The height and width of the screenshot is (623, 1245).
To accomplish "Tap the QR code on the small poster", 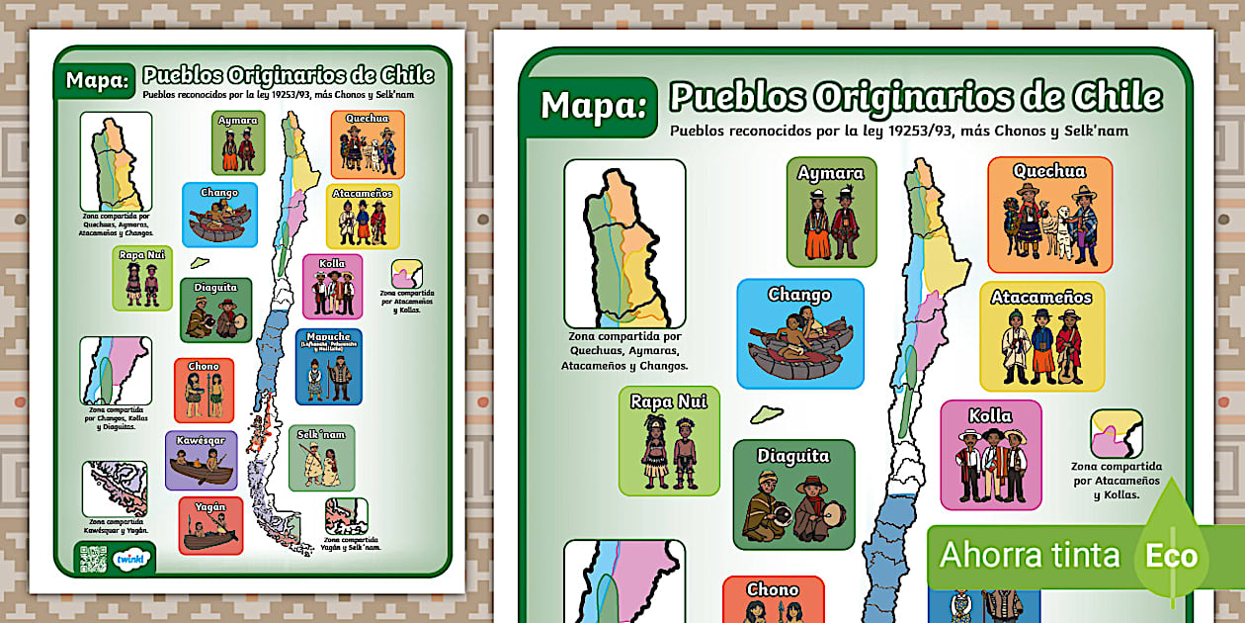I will click(x=90, y=558).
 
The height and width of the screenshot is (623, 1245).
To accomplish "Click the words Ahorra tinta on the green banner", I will click(x=1029, y=555).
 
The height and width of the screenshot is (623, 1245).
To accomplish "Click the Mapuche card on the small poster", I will click(x=328, y=367).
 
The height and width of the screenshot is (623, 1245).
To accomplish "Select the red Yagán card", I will click(x=210, y=525).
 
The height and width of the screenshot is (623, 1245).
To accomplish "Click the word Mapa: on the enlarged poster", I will click(x=593, y=105).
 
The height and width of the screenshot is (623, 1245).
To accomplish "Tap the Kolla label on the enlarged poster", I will click(x=990, y=415).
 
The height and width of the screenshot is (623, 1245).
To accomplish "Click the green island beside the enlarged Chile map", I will click(x=766, y=413).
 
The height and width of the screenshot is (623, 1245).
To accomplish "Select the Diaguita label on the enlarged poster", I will click(x=793, y=456).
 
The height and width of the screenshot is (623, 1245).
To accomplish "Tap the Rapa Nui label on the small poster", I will click(x=142, y=255).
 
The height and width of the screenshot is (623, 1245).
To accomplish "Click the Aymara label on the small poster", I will click(x=238, y=121).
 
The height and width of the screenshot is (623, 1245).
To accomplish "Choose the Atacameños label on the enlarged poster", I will click(x=1041, y=297).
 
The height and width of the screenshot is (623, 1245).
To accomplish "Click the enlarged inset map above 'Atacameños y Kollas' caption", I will click(x=1116, y=433).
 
